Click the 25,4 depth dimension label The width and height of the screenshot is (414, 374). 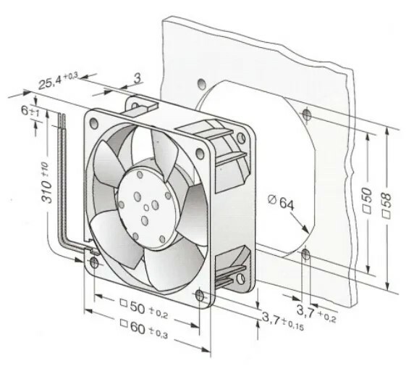coord(58,80)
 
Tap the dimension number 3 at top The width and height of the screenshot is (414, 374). coord(138,78)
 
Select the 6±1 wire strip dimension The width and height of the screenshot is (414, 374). coord(30,111)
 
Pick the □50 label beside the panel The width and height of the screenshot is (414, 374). coord(367,201)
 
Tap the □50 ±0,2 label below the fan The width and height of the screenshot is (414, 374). coord(144,309)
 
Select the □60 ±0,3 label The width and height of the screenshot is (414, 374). coord(144,329)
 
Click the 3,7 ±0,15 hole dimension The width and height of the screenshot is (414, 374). coord(283,321)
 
